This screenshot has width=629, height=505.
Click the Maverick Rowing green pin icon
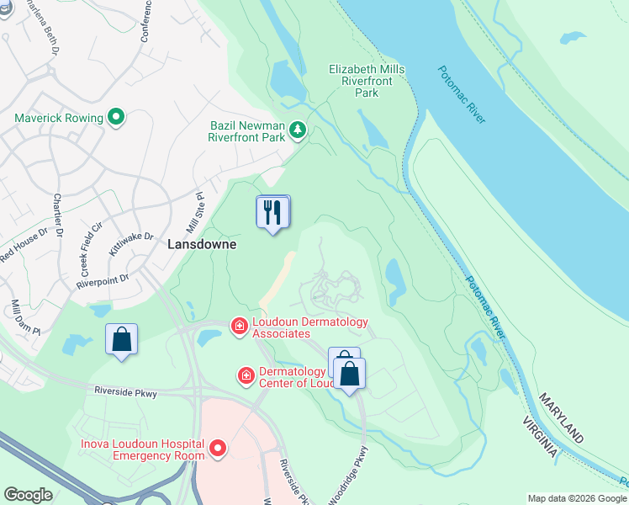point(116,118)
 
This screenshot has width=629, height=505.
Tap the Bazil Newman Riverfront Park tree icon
point(297,130)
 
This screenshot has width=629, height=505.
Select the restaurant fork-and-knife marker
point(272,213)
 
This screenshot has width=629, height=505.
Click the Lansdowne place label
point(202,244)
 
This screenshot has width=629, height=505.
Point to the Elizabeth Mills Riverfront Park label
point(367,81)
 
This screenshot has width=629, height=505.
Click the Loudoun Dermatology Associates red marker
point(240,326)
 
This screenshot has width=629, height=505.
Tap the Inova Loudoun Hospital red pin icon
point(218,449)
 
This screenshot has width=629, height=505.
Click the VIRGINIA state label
point(539,437)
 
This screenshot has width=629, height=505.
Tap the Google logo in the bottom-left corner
point(28,495)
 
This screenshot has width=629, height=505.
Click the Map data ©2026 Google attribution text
point(576,498)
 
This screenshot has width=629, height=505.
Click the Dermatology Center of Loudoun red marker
point(246,375)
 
